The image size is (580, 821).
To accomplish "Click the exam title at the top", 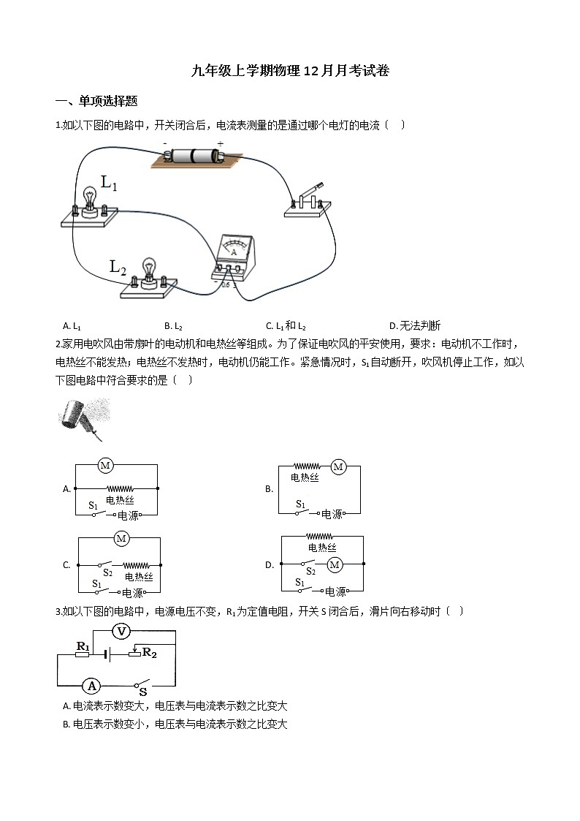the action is point(290,71).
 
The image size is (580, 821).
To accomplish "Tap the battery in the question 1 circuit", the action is point(193,156).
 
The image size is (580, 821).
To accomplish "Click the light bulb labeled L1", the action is point(90,200).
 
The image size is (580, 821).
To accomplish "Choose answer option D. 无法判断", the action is point(415,325).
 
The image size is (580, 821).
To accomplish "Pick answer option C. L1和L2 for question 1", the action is point(286,325).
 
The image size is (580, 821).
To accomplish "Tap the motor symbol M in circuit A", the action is point(104,465).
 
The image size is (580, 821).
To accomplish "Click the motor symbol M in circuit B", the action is point(337,466).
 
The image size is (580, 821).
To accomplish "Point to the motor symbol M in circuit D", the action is point(335,564).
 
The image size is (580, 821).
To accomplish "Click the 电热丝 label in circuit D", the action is point(322,547).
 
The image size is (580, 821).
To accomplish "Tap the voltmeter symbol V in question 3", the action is point(122,631).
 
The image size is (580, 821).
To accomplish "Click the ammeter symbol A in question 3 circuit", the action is point(91,686).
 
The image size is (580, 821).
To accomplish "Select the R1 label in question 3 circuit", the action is point(83,646).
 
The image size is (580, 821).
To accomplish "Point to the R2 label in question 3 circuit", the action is point(149,652).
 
